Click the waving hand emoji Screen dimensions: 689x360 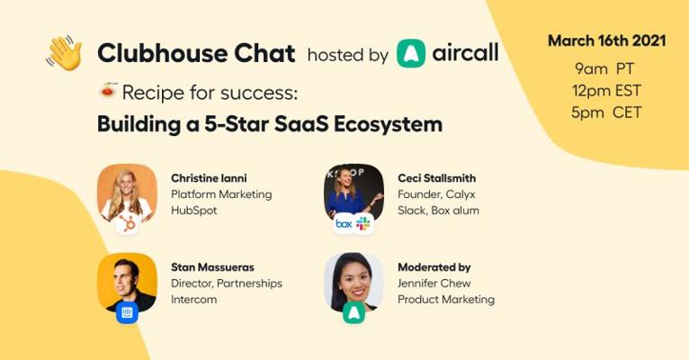[64, 53]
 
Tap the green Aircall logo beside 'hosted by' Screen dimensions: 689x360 [411, 53]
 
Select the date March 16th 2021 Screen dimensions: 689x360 [607, 40]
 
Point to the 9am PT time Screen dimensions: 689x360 [604, 68]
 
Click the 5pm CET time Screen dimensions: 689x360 [606, 112]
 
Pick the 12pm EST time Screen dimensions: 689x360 [606, 91]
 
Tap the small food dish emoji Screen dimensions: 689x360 [108, 90]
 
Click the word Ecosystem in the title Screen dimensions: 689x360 [388, 124]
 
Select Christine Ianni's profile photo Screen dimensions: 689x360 [127, 193]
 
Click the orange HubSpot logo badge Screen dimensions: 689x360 [128, 224]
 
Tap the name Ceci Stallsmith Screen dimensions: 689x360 [437, 178]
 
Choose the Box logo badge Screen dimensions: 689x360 [344, 224]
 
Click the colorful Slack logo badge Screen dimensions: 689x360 [363, 224]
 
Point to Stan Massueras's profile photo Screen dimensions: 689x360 [127, 283]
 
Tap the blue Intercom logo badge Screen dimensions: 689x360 [127, 312]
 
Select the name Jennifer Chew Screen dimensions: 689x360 [434, 283]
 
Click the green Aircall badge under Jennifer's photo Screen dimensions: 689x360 [354, 312]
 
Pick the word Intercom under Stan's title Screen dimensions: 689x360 [193, 300]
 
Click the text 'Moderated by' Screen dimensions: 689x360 [434, 267]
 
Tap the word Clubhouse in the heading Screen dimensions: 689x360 [162, 53]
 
